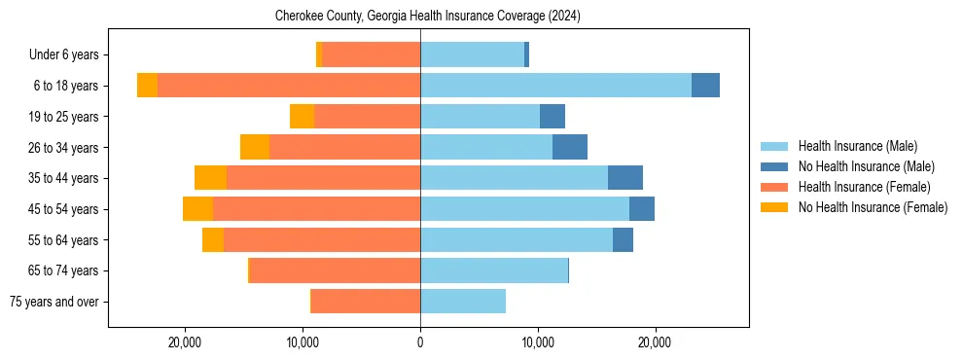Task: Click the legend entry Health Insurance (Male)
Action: (857, 146)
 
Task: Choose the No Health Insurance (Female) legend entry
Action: (873, 207)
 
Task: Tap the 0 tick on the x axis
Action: (420, 342)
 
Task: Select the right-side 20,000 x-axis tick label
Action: (655, 342)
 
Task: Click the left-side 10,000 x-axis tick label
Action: (303, 342)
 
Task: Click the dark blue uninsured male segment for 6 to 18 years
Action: (705, 86)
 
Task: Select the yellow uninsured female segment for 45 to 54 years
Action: (197, 209)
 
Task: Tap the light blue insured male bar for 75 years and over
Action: (463, 302)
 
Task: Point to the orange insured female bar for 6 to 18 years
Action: (289, 86)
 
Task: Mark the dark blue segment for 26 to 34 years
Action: (570, 148)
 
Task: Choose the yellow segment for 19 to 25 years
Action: (302, 117)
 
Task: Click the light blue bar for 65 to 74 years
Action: (494, 270)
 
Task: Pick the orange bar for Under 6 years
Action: (371, 55)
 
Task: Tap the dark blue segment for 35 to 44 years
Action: (625, 178)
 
